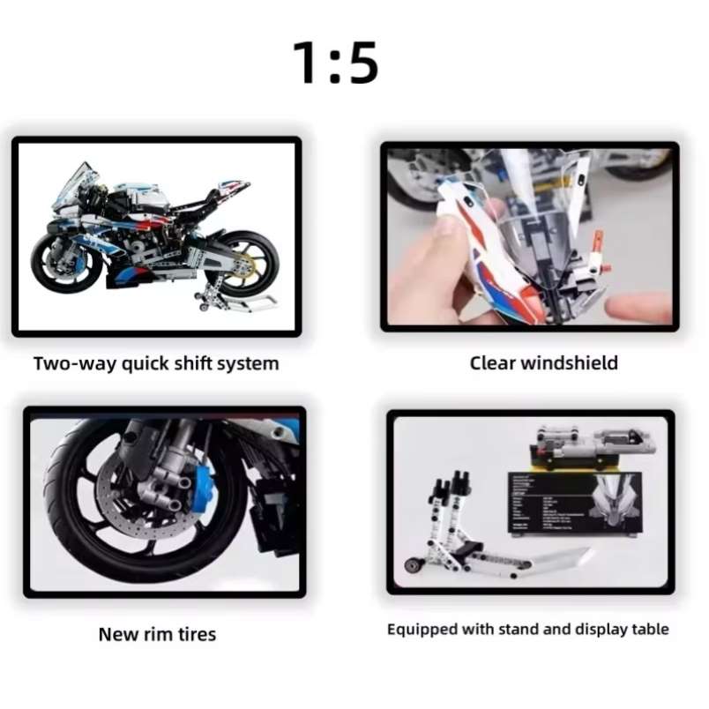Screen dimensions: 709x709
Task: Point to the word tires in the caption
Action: [193, 634]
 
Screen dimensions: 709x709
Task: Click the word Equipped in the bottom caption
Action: [422, 630]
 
